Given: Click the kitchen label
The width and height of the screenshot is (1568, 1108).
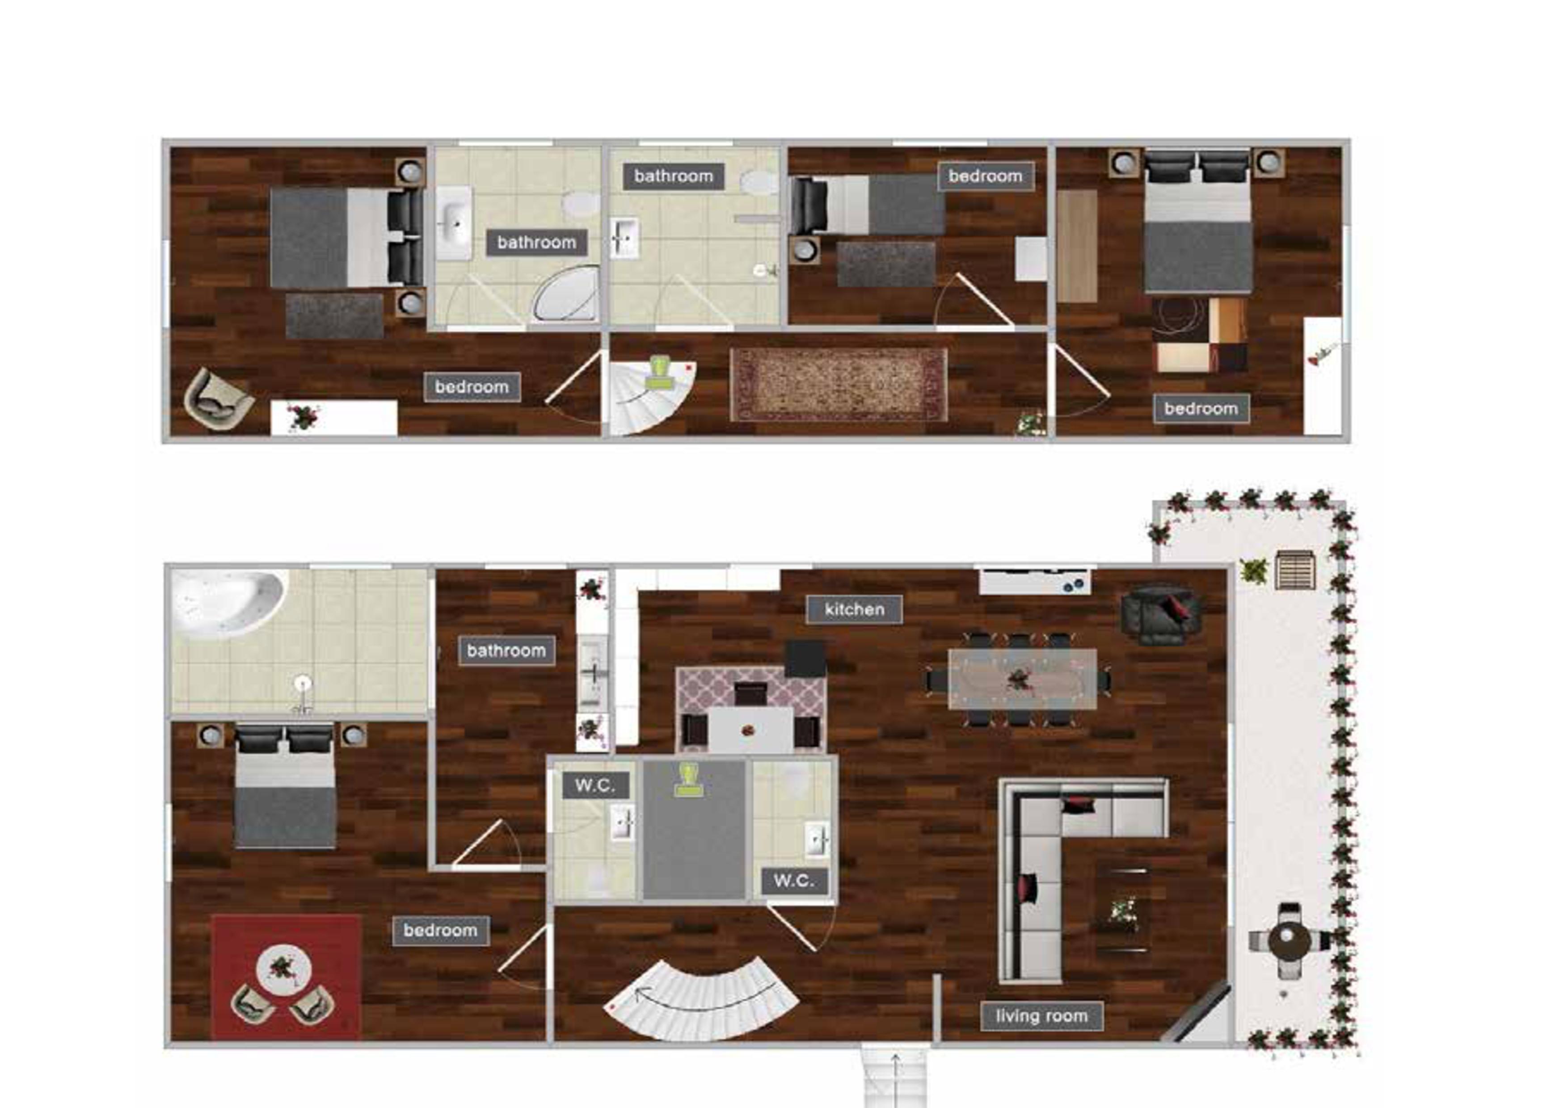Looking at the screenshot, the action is point(854,609).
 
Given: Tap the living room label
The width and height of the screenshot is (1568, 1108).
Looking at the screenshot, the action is point(1041,1016).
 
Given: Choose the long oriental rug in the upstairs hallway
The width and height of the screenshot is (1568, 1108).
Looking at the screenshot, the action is point(839,384).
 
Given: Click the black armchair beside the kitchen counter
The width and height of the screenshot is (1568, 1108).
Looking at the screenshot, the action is point(1161,614).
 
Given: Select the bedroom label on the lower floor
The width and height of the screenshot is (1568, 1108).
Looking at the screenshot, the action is point(440,931).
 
